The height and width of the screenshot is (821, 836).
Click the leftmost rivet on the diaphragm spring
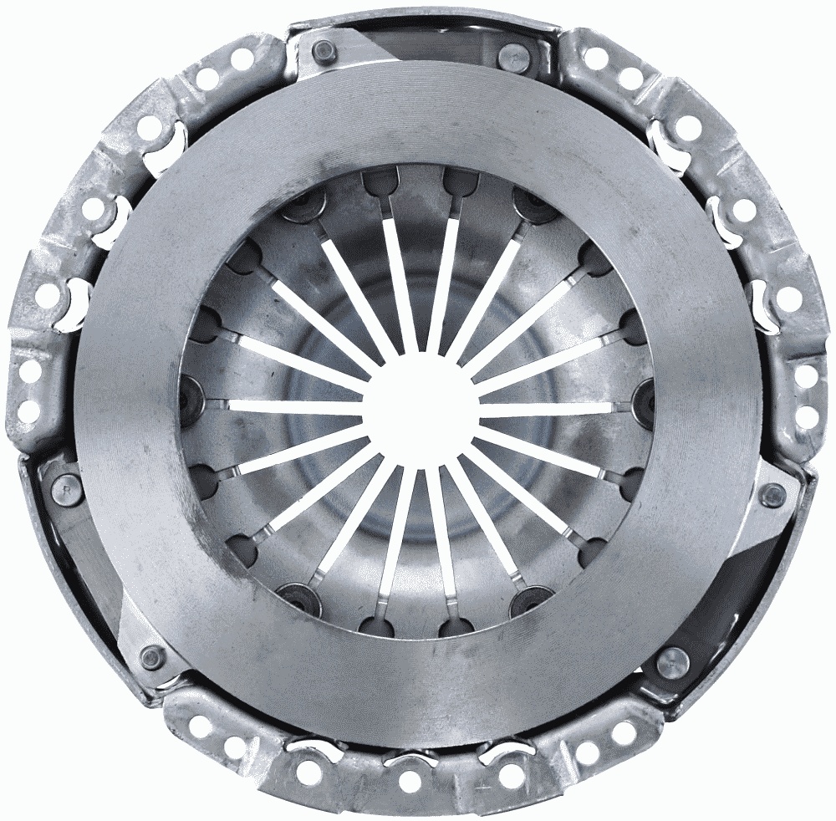(x=192, y=391)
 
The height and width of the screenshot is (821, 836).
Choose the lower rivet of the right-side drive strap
(x=670, y=665)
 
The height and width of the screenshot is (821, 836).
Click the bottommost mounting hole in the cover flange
(x=410, y=781)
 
